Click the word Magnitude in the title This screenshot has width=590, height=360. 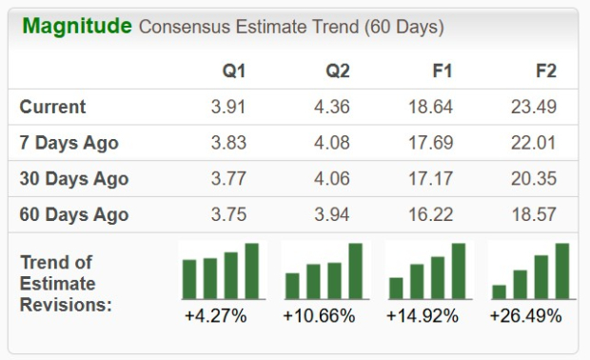77,26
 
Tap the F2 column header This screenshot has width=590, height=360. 545,70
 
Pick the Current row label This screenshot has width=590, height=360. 53,107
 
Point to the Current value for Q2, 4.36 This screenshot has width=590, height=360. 332,107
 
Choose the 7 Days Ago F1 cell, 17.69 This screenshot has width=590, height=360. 430,143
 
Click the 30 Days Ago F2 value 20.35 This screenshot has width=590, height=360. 533,179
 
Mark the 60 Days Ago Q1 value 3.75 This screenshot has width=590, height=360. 229,214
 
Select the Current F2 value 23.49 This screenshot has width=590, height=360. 533,107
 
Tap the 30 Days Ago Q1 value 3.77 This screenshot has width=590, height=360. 229,179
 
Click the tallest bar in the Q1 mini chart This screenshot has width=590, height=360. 252,270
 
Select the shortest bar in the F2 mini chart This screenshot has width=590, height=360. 500,291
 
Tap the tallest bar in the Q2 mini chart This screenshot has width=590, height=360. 355,270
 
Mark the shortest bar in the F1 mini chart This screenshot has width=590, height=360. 396,288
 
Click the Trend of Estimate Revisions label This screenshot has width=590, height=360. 58,283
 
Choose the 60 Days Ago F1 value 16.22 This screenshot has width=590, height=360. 430,214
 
